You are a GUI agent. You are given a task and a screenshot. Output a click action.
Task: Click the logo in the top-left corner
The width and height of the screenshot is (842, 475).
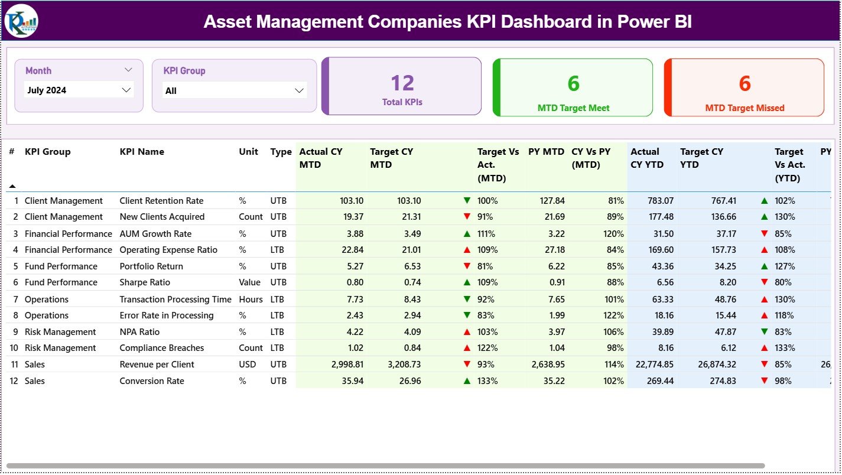point(21,21)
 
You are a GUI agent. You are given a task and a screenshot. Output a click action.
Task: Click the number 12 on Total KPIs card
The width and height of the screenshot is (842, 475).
point(402,83)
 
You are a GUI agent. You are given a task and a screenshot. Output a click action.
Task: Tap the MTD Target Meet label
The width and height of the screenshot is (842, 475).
point(573,108)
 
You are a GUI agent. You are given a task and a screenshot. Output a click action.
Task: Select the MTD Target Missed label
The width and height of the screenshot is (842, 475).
point(745,108)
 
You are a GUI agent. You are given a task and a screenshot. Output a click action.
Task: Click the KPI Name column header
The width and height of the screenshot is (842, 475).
point(142,152)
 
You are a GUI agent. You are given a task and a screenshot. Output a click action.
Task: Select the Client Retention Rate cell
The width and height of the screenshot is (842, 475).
point(161,201)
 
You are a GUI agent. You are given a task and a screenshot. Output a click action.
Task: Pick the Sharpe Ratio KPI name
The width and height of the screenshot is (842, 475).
point(145,282)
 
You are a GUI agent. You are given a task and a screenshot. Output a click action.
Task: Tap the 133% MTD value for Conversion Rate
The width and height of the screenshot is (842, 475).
point(487,381)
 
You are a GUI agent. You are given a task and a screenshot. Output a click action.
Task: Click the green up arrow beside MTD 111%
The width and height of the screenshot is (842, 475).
point(467,234)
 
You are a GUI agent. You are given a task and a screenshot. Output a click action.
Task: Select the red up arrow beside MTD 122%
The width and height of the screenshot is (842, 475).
point(467,348)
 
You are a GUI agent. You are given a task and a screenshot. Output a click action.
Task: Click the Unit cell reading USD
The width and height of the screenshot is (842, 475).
point(248,365)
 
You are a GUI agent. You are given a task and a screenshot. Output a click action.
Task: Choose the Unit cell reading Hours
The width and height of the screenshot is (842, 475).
point(251,300)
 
